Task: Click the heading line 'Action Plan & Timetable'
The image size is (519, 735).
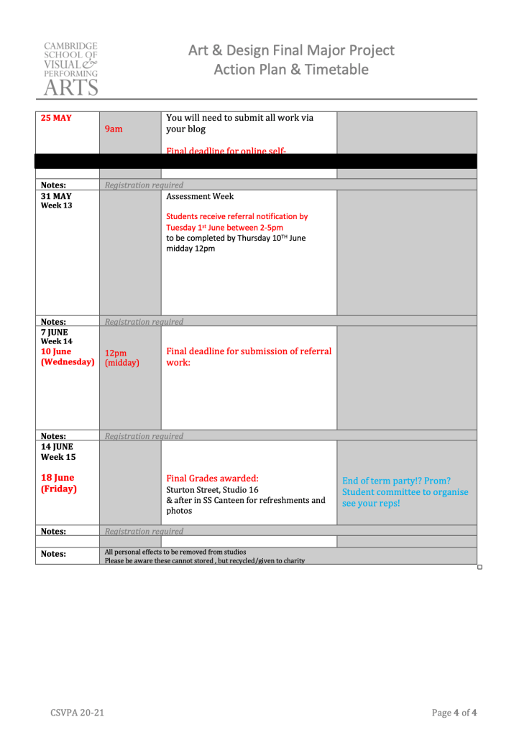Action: [291, 70]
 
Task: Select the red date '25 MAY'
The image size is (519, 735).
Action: [56, 118]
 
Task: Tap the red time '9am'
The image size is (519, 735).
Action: [114, 129]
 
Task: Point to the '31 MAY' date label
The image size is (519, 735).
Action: [56, 195]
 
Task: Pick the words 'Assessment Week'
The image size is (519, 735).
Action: [200, 196]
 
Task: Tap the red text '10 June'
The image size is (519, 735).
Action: [56, 351]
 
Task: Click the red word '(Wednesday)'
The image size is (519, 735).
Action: [68, 362]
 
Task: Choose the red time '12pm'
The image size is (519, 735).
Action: [116, 353]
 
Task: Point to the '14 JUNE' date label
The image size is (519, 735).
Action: [58, 446]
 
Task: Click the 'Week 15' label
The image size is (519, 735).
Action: [58, 456]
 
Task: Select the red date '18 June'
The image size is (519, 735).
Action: [58, 478]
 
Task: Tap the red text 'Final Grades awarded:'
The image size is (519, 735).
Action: [212, 478]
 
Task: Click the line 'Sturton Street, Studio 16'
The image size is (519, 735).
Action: [212, 490]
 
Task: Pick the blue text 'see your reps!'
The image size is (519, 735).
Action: [371, 503]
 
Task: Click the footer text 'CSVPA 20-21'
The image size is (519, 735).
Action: [77, 713]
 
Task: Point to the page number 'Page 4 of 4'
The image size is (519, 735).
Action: [454, 713]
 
